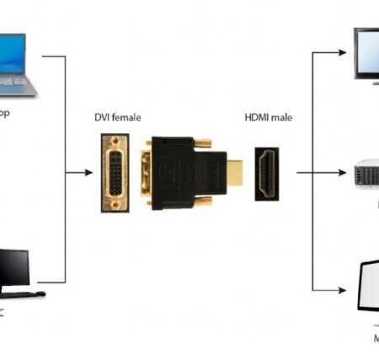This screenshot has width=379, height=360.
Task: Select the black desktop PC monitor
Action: tap(13, 267)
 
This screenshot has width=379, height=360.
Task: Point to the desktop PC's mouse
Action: tap(40, 293)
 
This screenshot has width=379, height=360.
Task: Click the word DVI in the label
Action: tap(102, 117)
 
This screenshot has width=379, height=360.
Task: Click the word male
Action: tap(281, 117)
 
